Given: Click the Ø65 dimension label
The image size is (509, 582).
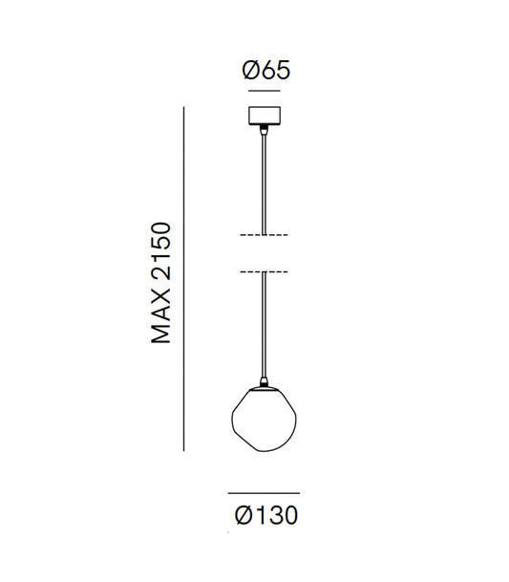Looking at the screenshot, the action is [x=265, y=70].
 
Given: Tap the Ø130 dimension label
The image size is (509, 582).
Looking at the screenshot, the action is [x=266, y=515].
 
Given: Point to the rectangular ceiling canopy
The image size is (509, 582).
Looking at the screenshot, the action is [x=265, y=116].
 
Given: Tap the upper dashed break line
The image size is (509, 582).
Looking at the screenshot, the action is [x=264, y=235].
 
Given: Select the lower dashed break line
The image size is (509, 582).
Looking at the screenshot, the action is [x=264, y=272].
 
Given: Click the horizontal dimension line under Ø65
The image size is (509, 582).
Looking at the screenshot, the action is [x=265, y=91].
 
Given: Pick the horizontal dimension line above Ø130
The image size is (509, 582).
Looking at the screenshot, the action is [x=264, y=493].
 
